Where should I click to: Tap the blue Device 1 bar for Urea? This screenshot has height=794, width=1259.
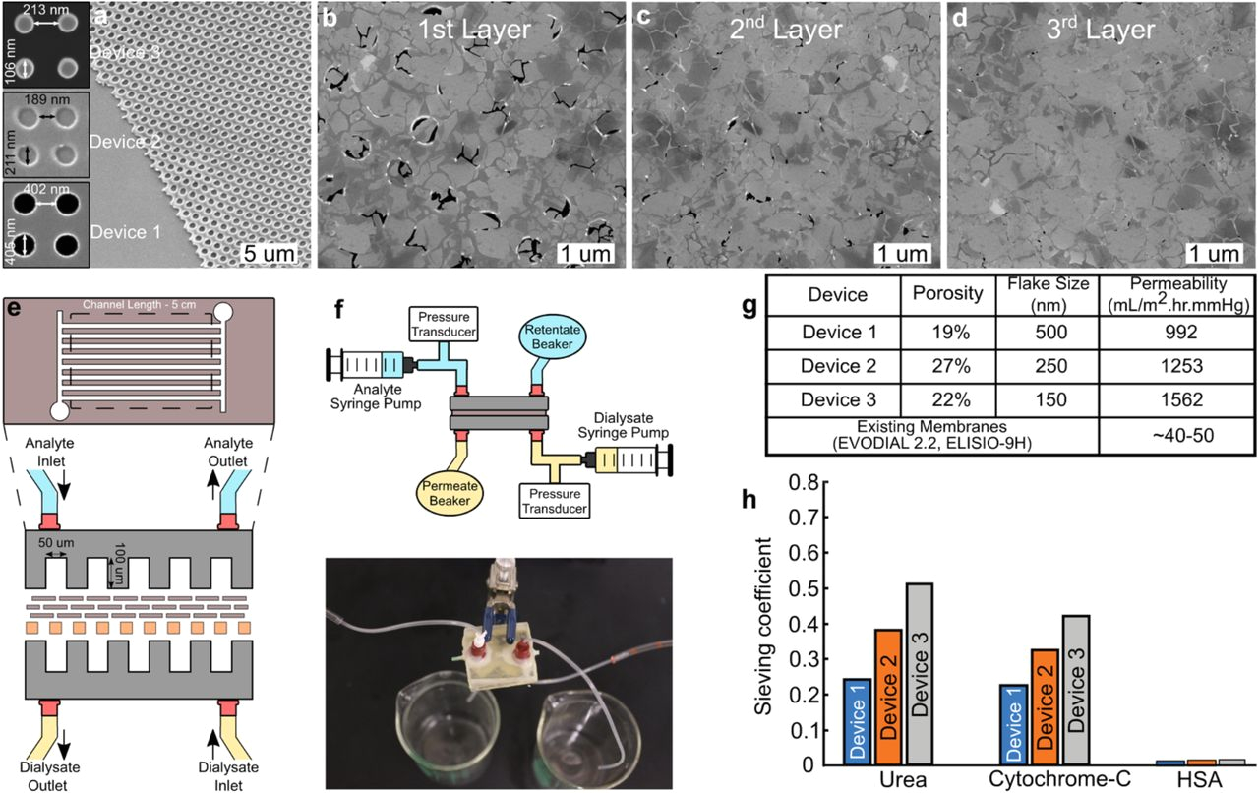[x=857, y=721]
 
